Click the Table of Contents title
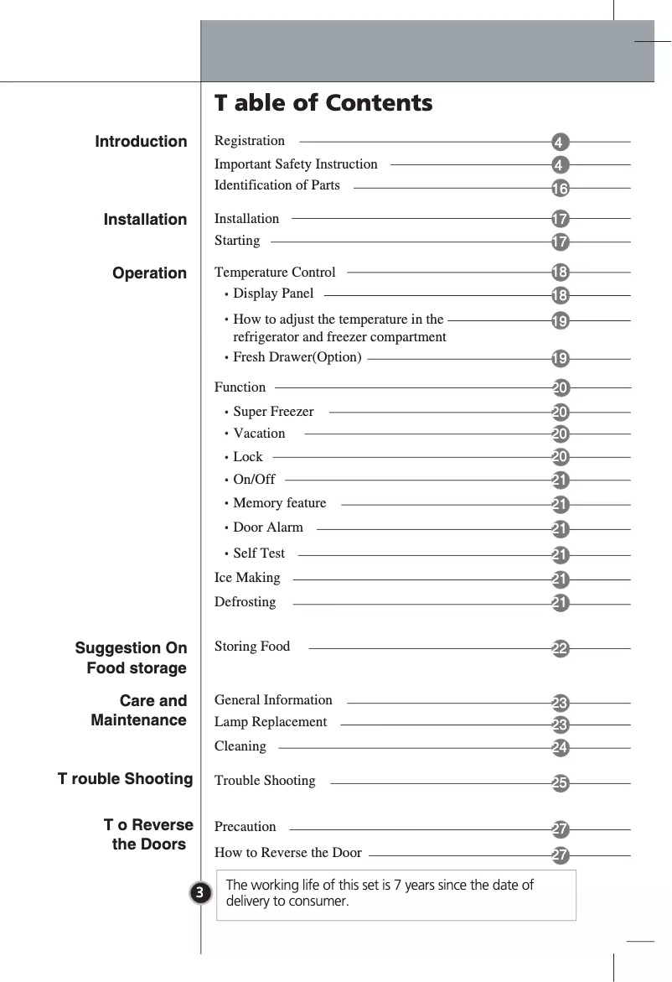(x=323, y=103)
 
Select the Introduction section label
(x=141, y=142)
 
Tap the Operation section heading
(x=149, y=273)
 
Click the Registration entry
(x=250, y=141)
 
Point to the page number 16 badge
(x=561, y=187)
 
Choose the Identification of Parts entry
(x=277, y=185)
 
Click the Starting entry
(x=237, y=242)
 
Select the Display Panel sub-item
(x=273, y=294)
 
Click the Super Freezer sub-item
(x=273, y=412)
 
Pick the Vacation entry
(x=259, y=434)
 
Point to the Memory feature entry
(x=279, y=503)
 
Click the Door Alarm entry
(x=268, y=528)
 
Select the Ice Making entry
(x=247, y=578)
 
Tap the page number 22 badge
(x=561, y=648)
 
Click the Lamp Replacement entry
(x=271, y=722)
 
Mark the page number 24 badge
(x=561, y=746)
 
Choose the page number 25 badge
(x=561, y=783)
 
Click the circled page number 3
(x=199, y=892)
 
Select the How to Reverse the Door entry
(x=288, y=854)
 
